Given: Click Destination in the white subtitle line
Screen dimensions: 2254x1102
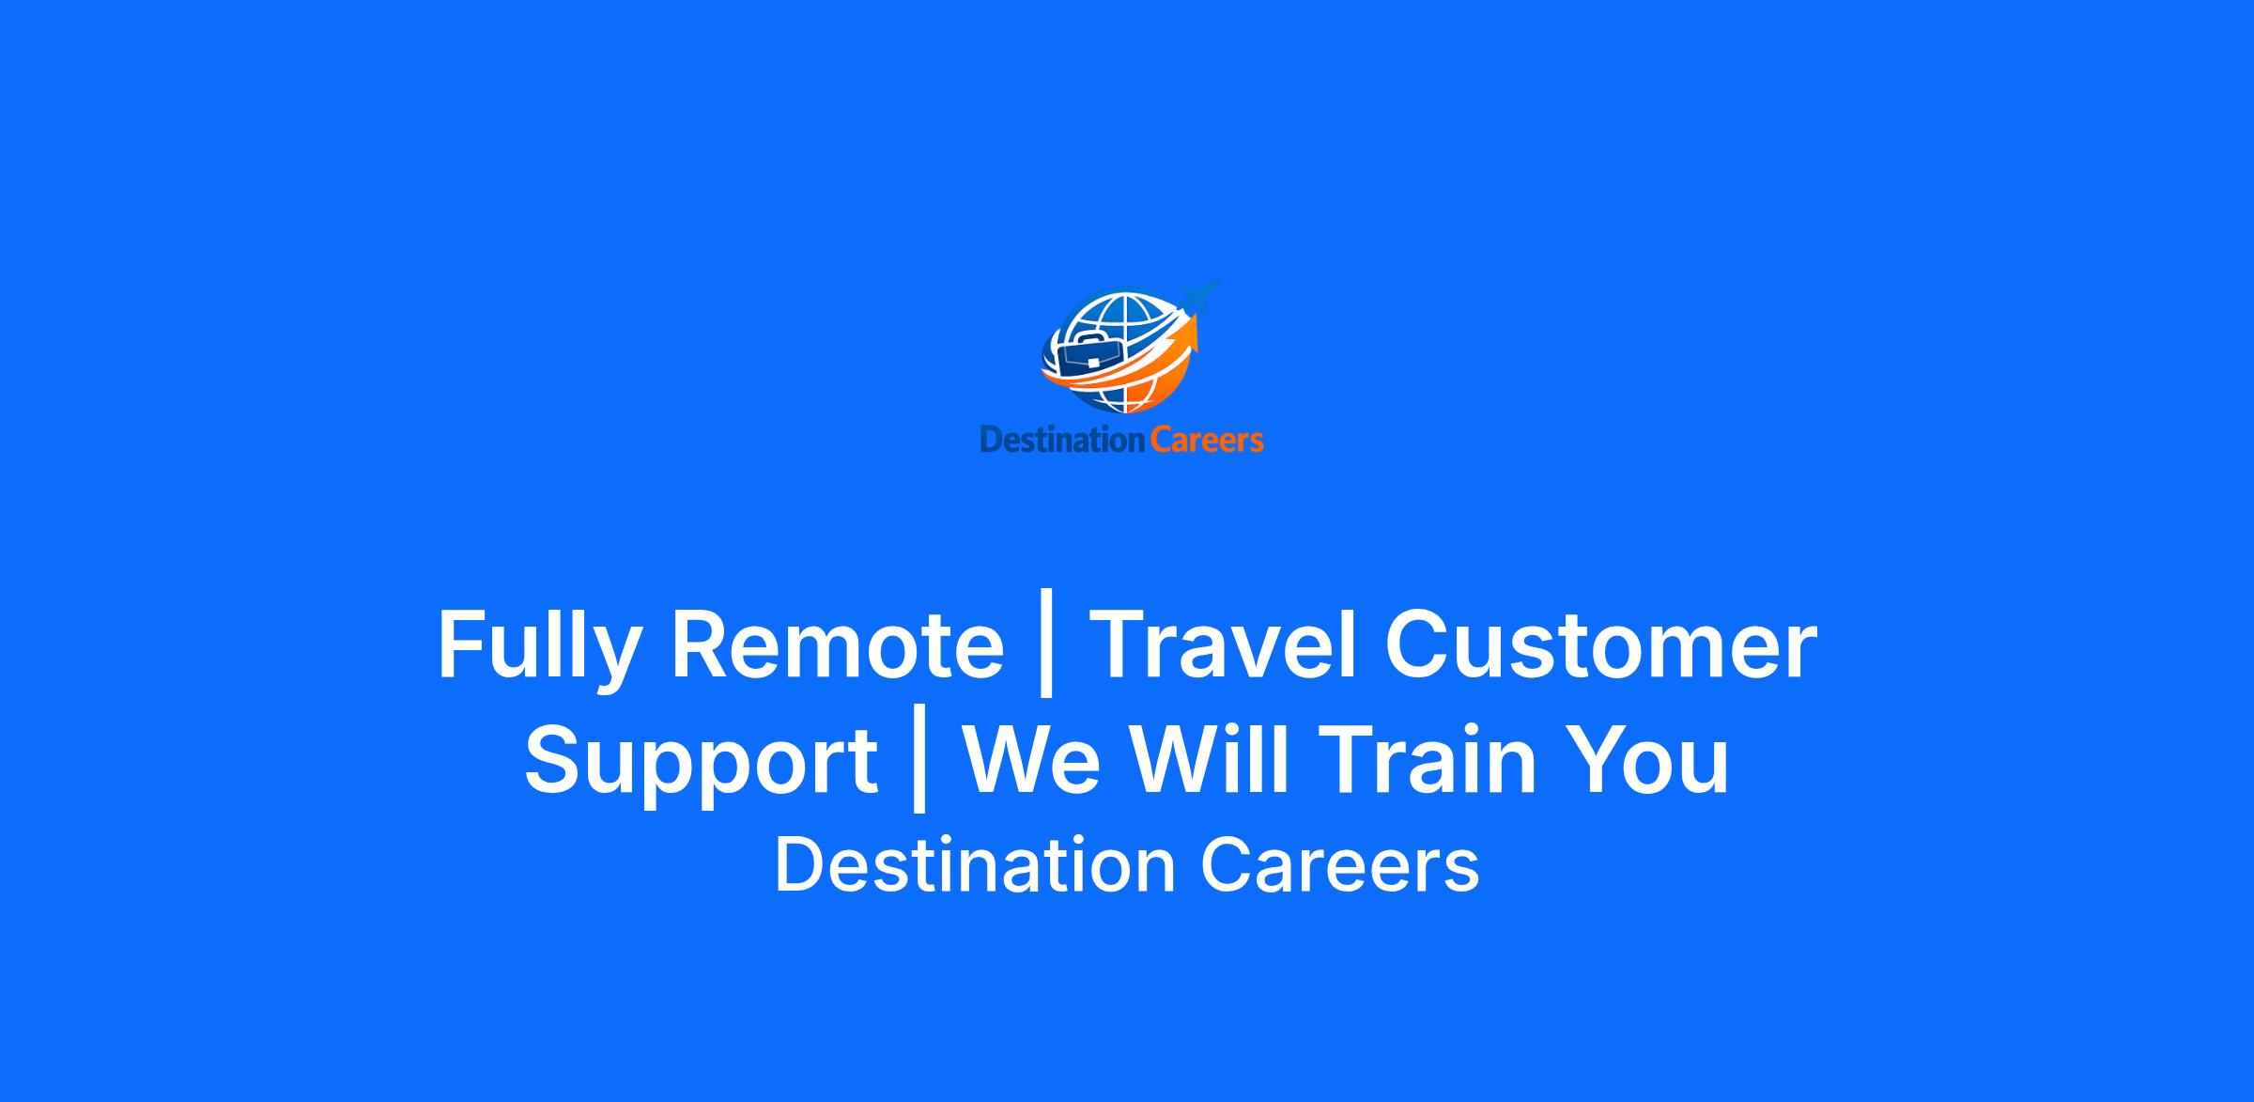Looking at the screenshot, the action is coord(975,865).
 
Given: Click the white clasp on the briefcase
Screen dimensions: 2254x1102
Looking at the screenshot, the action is coord(1093,363).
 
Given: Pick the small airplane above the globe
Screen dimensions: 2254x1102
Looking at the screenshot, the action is coord(1198,297).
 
